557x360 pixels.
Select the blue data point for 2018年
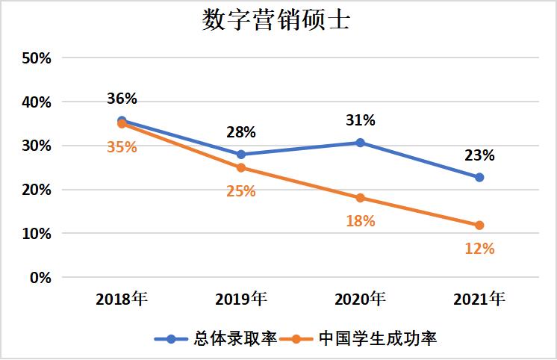click(x=122, y=120)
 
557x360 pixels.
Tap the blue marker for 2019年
click(x=240, y=155)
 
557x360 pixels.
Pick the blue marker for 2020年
click(x=360, y=142)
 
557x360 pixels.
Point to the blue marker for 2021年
click(x=479, y=177)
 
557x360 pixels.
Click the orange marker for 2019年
click(x=240, y=168)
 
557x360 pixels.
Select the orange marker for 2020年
click(x=360, y=198)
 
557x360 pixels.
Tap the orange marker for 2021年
click(x=479, y=225)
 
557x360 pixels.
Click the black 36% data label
click(x=122, y=99)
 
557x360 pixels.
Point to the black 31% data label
click(x=360, y=120)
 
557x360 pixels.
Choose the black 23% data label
click(x=479, y=155)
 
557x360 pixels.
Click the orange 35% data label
click(x=122, y=146)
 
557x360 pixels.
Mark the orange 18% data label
click(x=360, y=221)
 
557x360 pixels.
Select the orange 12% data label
click(x=479, y=249)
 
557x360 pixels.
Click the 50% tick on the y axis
click(x=35, y=58)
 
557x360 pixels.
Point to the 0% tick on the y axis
click(x=39, y=277)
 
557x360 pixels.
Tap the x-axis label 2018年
click(x=122, y=300)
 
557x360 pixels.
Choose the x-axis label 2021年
click(x=479, y=300)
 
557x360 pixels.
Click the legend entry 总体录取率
click(x=217, y=338)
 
